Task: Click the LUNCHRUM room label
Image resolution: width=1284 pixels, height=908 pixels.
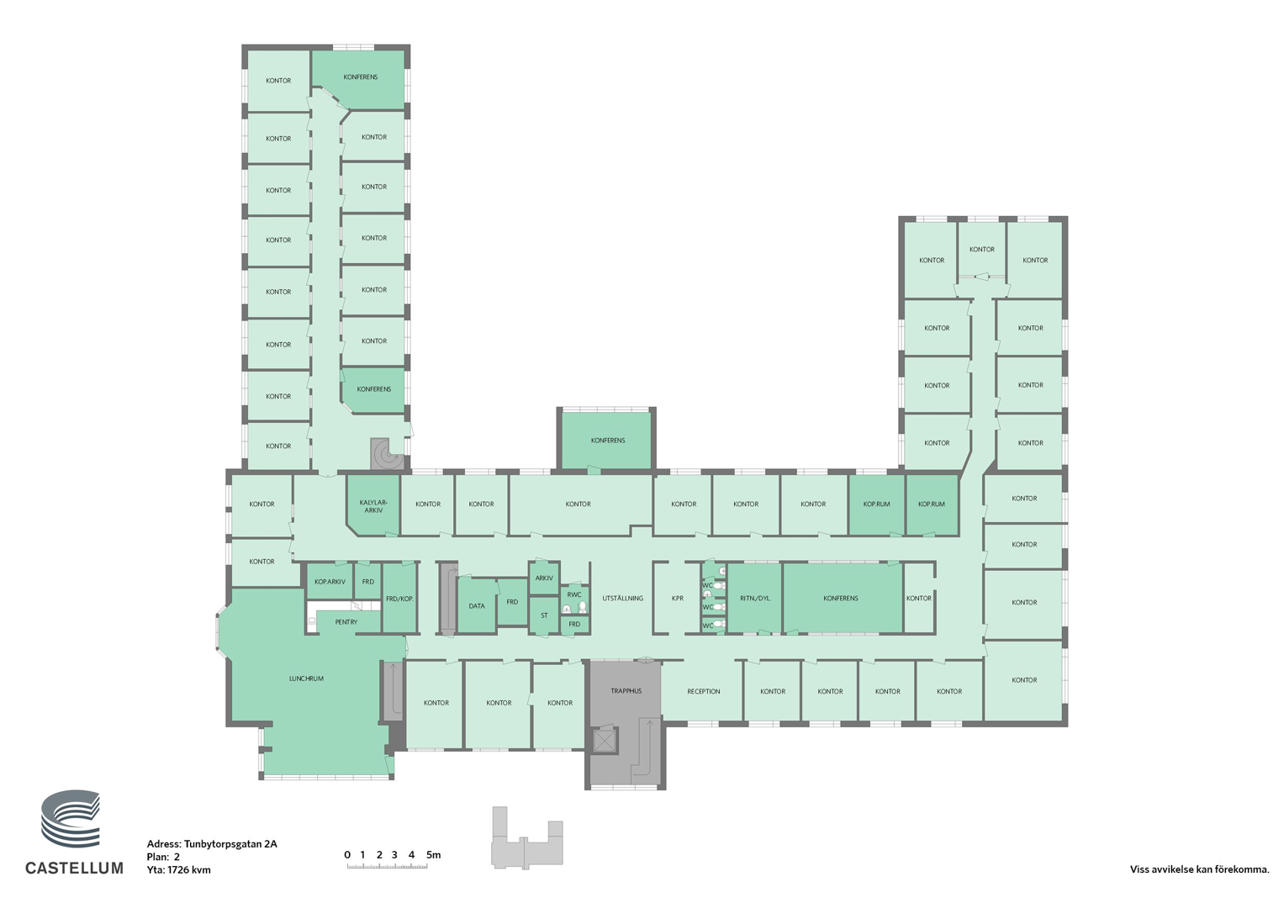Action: click(x=306, y=678)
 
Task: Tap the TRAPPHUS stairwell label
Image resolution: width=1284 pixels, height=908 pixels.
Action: click(x=626, y=691)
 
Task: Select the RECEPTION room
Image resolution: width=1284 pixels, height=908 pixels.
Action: click(x=703, y=691)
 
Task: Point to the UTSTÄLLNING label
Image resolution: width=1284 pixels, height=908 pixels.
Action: click(x=622, y=599)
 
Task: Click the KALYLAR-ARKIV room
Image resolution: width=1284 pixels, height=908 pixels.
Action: click(x=373, y=505)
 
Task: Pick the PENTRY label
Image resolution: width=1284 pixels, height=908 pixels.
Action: click(x=346, y=622)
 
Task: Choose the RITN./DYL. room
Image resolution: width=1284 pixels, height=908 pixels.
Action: click(x=755, y=599)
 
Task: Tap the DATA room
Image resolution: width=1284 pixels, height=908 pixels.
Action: click(x=477, y=606)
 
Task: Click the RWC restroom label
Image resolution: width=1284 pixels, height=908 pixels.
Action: click(x=574, y=594)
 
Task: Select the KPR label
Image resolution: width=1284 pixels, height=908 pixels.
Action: click(x=678, y=599)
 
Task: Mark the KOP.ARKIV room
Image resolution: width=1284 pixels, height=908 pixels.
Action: click(x=330, y=581)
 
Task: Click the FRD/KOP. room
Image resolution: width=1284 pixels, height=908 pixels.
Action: click(x=399, y=599)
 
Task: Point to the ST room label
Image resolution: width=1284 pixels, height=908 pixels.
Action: click(x=544, y=615)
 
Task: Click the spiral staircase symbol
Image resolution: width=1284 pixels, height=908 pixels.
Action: click(x=388, y=454)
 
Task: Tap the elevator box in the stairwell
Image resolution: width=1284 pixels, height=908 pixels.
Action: click(x=605, y=741)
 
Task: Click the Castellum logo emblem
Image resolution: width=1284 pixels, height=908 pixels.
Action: click(x=71, y=819)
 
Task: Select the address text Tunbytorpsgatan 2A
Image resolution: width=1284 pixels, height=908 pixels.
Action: click(x=230, y=844)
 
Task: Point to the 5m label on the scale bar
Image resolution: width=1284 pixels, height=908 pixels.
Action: click(x=433, y=855)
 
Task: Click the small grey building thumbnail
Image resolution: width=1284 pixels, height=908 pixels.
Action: click(x=527, y=837)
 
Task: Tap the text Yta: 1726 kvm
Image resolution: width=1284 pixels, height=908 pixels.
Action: click(x=179, y=870)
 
